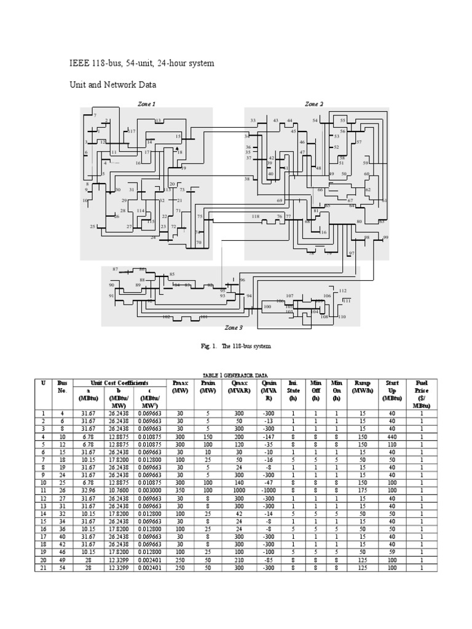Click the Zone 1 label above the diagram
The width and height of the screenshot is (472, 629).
pos(146,104)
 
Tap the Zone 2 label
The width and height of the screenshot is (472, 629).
pos(314,104)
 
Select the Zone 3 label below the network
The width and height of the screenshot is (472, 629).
pos(234,328)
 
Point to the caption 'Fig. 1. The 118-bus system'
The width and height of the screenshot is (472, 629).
pos(235,346)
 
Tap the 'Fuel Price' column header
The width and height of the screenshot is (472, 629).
pos(422,390)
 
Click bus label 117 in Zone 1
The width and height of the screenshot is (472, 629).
pos(132,131)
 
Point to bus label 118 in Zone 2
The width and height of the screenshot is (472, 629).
pos(256,217)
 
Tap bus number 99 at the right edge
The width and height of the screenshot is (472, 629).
pos(386,238)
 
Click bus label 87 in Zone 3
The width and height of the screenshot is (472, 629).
pos(115,270)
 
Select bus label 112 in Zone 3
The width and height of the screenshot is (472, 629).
pos(343,291)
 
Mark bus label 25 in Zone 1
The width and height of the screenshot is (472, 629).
pos(93,227)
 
